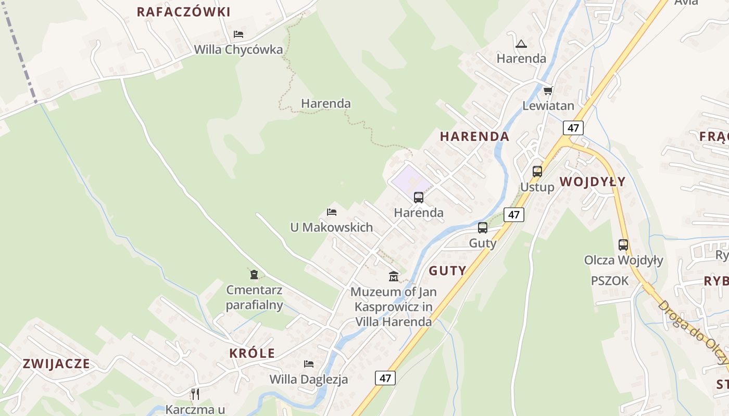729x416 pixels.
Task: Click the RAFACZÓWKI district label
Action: coord(183,12)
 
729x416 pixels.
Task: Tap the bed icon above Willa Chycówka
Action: coord(238,34)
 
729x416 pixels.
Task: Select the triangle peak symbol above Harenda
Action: coord(521,44)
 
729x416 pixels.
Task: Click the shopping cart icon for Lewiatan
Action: coord(548,91)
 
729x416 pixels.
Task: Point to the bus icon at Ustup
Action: coord(537,171)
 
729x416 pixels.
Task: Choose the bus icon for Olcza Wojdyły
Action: coord(623,244)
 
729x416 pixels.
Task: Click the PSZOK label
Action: coord(610,281)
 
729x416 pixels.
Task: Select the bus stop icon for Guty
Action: coord(483,228)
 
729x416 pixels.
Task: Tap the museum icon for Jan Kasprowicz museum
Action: coord(394,276)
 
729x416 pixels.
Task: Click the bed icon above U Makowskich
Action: coord(331,212)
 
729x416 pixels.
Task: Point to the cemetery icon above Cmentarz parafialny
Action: coord(254,274)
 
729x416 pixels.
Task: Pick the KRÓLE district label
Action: coord(252,353)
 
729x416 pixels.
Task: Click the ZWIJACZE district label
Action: coord(56,363)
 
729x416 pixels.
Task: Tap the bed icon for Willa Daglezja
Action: coord(309,363)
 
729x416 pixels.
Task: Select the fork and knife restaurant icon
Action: coord(195,394)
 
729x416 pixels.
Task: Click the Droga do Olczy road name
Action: coord(692,333)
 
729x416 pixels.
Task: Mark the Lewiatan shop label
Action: coord(548,106)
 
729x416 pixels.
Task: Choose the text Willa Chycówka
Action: coord(238,50)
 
